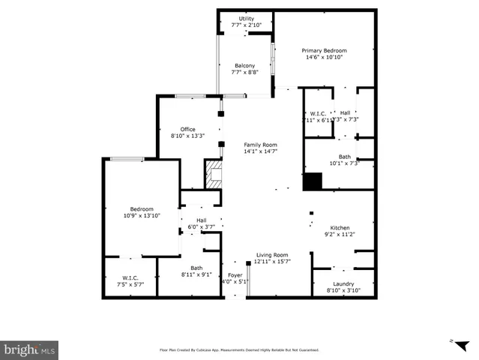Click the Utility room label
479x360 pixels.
[x=246, y=19]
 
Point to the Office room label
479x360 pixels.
[x=187, y=129]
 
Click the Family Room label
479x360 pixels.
[x=260, y=144]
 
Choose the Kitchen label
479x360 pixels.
[x=340, y=227]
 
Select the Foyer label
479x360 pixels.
[x=235, y=275]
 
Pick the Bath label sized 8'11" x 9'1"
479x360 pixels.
[x=196, y=268]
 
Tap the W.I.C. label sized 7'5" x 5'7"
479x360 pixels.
[x=130, y=277]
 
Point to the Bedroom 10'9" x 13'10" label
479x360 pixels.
[x=142, y=208]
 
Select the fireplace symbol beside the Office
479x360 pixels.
[x=215, y=174]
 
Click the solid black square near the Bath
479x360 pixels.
[x=312, y=181]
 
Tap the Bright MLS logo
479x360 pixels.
[x=30, y=349]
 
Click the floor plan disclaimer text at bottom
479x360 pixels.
[x=239, y=349]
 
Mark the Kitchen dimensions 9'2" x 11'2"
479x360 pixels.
[x=340, y=234]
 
